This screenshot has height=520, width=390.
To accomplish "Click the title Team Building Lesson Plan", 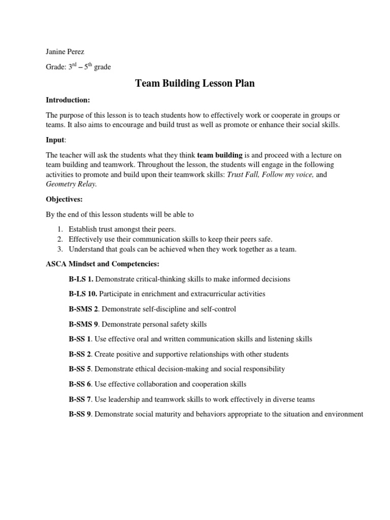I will point(194,83).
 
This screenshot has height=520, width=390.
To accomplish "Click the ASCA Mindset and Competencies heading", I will point(103,264).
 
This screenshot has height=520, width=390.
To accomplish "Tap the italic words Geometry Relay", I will point(71,185).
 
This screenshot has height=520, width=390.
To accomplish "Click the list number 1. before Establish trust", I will point(59,230).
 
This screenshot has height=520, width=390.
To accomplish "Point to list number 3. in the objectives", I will point(59,249).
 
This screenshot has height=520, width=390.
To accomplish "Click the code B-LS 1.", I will point(81,279).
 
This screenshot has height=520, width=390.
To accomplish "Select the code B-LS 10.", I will point(83,294).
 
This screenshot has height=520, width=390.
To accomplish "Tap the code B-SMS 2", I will point(84,309).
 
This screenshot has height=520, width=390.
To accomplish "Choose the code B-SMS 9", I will point(84,324).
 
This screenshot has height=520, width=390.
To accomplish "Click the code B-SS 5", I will point(80,369).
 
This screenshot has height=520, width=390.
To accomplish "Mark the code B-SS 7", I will point(80,399).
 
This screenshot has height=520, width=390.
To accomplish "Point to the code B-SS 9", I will point(80,414).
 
